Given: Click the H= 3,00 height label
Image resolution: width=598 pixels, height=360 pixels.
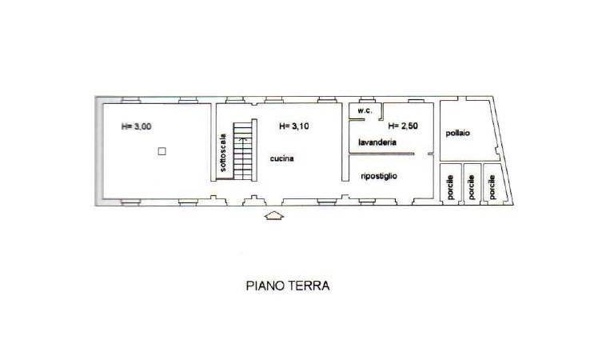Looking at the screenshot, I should [136, 126].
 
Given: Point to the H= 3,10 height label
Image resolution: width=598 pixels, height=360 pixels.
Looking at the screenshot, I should [294, 126].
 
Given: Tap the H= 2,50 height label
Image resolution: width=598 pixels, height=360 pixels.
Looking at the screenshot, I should [403, 126].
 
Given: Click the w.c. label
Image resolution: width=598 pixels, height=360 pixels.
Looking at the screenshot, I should [364, 110].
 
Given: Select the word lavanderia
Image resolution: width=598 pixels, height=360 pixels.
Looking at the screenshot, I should [377, 145].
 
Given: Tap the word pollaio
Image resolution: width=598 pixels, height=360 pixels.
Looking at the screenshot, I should [458, 133].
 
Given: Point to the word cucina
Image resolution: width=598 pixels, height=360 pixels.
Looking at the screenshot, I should [281, 158].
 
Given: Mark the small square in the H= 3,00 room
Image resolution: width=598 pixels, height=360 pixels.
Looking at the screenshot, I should [161, 150].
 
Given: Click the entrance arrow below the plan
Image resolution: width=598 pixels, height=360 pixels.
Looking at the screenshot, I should [274, 215].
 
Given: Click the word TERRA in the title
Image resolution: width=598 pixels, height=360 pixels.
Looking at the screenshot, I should [309, 285].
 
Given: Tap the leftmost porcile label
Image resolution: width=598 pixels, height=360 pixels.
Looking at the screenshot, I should [451, 186].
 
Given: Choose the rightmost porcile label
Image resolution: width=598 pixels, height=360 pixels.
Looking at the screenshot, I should [492, 186].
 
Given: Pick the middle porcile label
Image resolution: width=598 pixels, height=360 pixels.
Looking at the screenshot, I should [472, 186].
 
